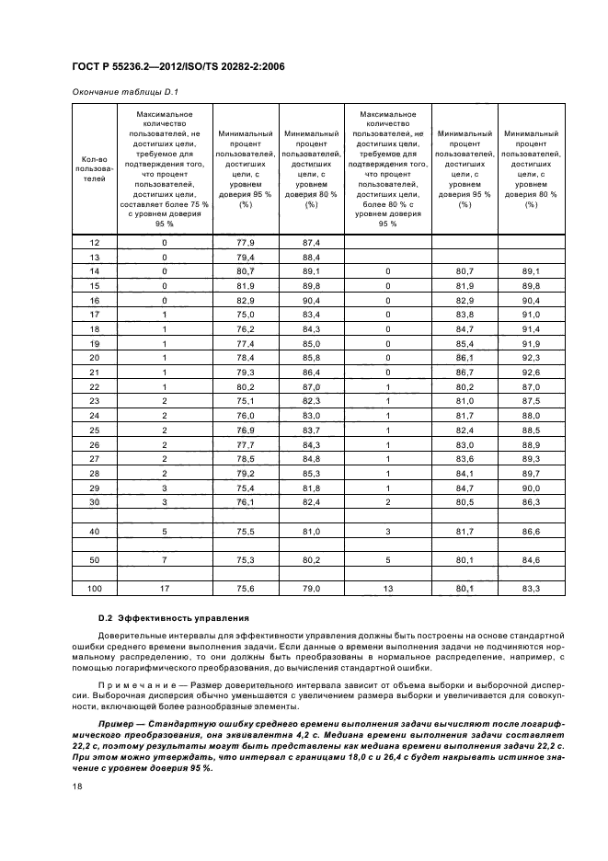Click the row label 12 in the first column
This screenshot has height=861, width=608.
coord(93,242)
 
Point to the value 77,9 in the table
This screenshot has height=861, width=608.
coord(245,242)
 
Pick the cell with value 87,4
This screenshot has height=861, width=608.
coord(311,242)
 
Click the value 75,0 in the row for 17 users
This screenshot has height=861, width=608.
coord(245,315)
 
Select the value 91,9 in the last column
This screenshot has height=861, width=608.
coord(531,344)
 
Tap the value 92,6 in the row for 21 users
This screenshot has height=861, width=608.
coord(531,373)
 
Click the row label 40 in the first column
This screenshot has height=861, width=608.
coord(93,531)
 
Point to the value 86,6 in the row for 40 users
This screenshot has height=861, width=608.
coord(531,531)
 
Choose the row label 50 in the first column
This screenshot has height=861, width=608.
coord(93,559)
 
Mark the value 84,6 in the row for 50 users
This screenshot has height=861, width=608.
coord(531,559)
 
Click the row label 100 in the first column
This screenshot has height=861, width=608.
coord(93,589)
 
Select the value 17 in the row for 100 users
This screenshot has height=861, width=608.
coord(165,589)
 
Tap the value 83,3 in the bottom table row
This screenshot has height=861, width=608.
coord(531,589)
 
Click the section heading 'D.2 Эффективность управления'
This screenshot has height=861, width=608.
coord(168,616)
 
